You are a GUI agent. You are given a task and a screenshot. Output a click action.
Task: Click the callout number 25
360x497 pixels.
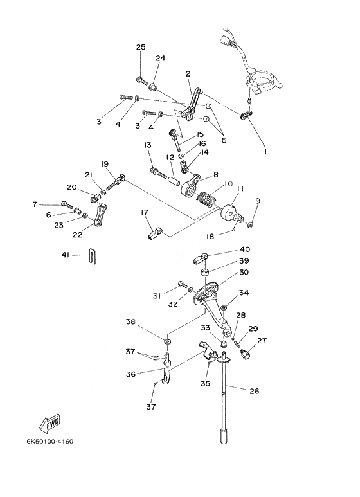coord(141,47)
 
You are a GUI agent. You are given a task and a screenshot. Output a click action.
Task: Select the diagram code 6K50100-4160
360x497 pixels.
coord(50,441)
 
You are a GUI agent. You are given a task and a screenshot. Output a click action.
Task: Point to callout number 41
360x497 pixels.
coord(66,255)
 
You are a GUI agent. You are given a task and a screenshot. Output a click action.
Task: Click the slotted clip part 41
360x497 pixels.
coord(92,256)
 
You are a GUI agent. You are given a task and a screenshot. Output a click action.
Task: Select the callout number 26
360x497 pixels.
coord(254,391)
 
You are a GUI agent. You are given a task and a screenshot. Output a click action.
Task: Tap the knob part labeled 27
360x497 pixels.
coord(246,354)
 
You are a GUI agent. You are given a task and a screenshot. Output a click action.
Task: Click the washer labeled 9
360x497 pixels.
coord(250,225)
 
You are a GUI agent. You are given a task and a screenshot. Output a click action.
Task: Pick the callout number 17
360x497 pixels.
coord(145,212)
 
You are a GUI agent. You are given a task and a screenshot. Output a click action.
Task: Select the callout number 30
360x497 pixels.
coord(244,272)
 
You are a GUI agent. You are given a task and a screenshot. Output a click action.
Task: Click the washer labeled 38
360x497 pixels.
coord(167,341)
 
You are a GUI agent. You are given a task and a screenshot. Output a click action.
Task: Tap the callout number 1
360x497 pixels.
coord(265,152)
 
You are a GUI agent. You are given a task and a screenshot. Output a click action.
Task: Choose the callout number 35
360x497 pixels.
coord(205,384)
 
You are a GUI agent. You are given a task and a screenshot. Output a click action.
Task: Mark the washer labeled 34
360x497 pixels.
coord(224,307)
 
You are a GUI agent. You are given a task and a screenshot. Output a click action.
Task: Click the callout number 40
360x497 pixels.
coord(245,249)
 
